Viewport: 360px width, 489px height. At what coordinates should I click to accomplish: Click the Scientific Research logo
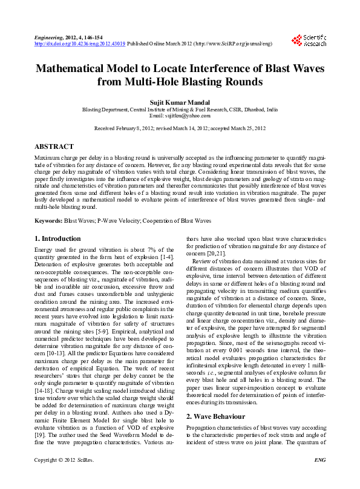[309, 41]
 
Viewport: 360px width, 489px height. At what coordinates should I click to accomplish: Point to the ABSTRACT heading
[54, 146]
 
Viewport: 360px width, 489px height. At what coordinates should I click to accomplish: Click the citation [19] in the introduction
[39, 418]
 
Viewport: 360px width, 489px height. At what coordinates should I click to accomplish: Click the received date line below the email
[180, 129]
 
